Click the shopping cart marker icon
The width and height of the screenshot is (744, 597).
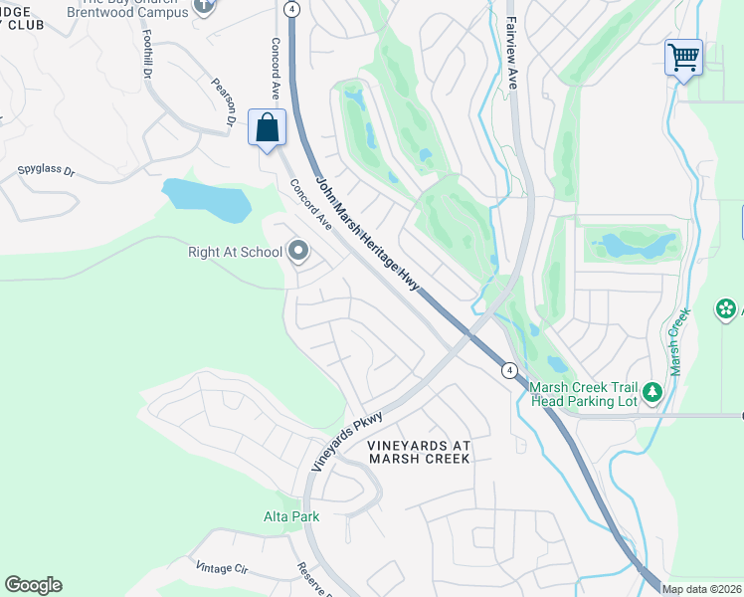pyautogui.click(x=683, y=58)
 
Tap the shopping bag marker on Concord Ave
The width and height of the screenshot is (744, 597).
pyautogui.click(x=267, y=128)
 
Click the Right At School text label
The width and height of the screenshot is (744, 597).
pyautogui.click(x=235, y=252)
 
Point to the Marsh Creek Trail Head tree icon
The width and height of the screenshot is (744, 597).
pyautogui.click(x=652, y=392)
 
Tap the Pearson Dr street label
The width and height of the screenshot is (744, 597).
pyautogui.click(x=221, y=101)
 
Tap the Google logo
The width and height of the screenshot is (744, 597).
pyautogui.click(x=33, y=585)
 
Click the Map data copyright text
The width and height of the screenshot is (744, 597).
pyautogui.click(x=701, y=589)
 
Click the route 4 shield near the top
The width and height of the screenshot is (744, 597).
pyautogui.click(x=290, y=8)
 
